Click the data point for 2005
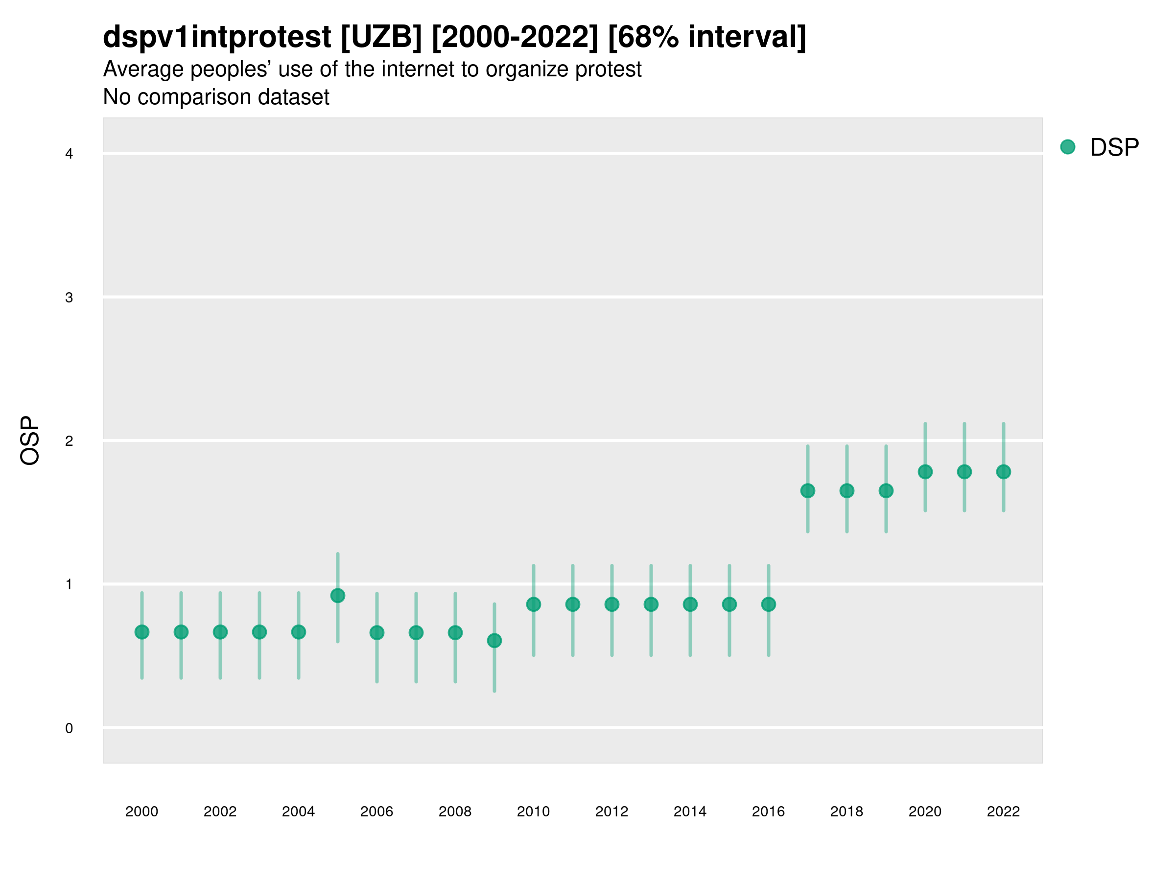click(337, 596)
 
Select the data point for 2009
click(494, 641)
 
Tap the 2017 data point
click(807, 491)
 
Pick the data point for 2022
click(1004, 471)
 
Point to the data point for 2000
click(142, 632)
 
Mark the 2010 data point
click(533, 604)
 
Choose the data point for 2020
click(925, 471)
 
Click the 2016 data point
click(768, 604)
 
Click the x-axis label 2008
click(455, 811)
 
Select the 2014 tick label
click(689, 811)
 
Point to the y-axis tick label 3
click(69, 298)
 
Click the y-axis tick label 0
click(69, 728)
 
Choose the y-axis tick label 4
click(69, 154)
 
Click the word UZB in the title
click(381, 37)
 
